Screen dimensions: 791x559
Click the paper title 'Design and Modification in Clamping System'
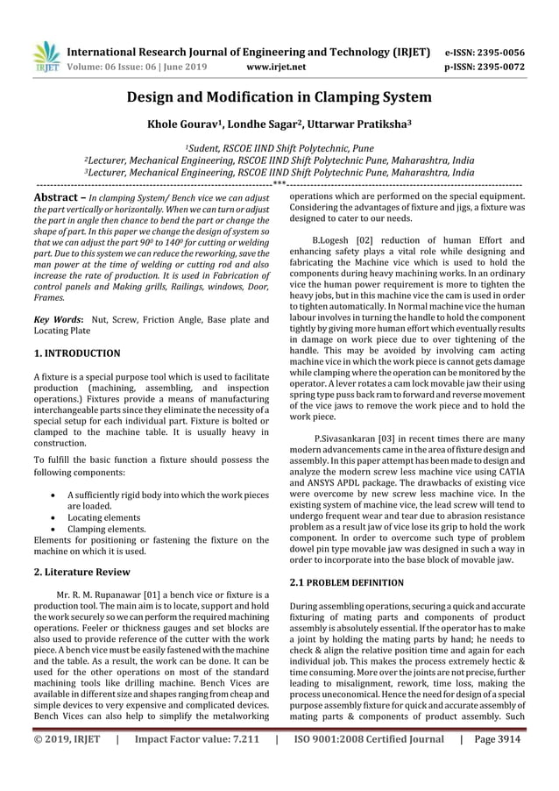pyautogui.click(x=279, y=96)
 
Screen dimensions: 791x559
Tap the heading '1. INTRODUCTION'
pyautogui.click(x=77, y=353)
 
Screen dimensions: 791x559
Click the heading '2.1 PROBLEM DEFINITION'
pyautogui.click(x=347, y=582)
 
